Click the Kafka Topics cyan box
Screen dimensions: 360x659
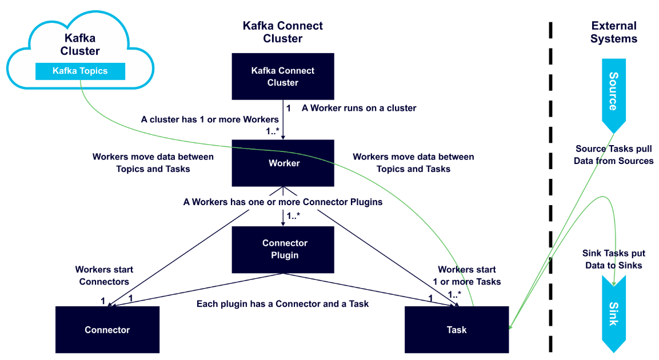click(80, 71)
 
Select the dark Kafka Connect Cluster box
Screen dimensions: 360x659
click(283, 77)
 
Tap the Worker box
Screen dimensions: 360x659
click(283, 163)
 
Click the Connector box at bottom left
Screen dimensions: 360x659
click(107, 330)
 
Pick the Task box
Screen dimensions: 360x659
click(456, 330)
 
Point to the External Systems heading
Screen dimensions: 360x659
click(613, 33)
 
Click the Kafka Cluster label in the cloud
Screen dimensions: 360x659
click(80, 45)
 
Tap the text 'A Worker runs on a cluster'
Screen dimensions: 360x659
click(359, 108)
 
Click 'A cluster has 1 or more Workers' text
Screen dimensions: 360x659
click(210, 119)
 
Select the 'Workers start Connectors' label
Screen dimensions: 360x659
click(104, 275)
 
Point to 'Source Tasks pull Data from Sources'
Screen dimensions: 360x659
click(613, 155)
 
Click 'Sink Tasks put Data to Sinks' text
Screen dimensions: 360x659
click(613, 259)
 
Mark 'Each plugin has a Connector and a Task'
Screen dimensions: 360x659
click(282, 304)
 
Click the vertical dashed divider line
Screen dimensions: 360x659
click(551, 189)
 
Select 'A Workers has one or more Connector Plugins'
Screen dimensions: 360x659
click(282, 202)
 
